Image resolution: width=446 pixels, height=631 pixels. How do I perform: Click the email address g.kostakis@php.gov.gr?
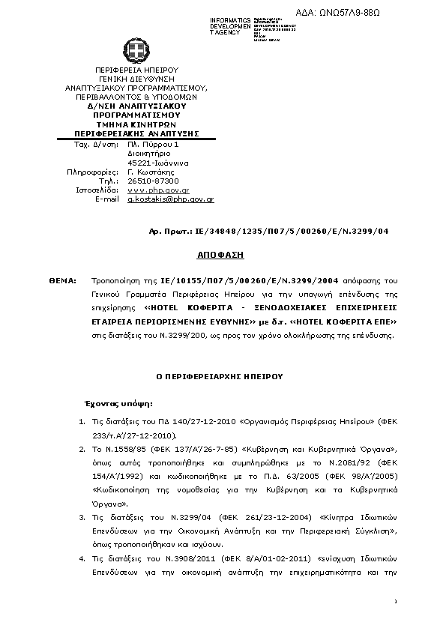click(x=171, y=199)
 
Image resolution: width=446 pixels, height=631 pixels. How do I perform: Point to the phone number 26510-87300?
click(x=154, y=181)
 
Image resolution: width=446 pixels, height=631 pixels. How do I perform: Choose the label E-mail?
click(x=106, y=199)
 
